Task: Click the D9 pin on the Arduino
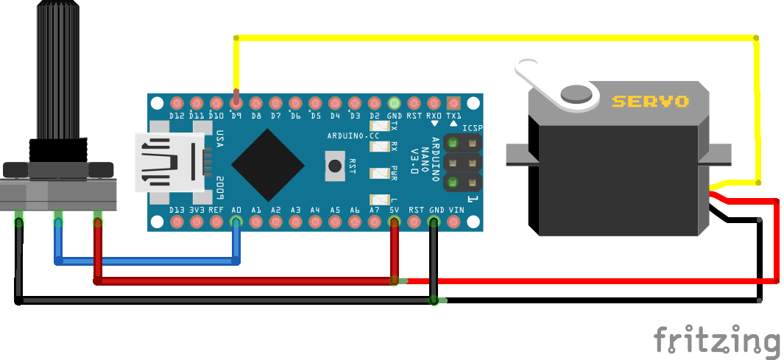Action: [236, 102]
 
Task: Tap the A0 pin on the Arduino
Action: [236, 222]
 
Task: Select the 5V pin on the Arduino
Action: [395, 222]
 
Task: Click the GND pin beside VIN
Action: [434, 222]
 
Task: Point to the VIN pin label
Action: [456, 210]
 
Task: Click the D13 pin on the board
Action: [177, 222]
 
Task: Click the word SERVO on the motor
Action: [650, 102]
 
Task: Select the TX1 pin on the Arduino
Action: [453, 102]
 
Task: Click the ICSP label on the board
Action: [473, 128]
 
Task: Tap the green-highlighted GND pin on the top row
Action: [395, 102]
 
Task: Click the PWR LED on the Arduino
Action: [381, 174]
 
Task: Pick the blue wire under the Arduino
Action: [147, 261]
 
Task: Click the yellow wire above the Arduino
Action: [493, 38]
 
